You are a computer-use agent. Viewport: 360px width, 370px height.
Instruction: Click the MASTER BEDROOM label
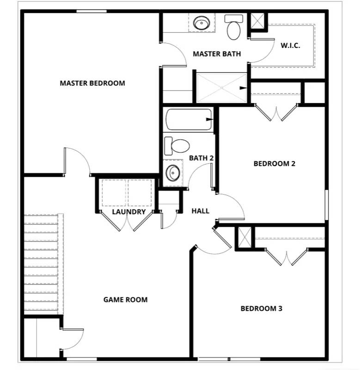click(92, 83)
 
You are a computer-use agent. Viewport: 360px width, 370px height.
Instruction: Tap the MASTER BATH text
click(217, 54)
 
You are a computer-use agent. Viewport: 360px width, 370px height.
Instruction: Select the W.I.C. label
click(290, 45)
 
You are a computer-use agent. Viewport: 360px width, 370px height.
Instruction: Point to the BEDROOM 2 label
click(275, 163)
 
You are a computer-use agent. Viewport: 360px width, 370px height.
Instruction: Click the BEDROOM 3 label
click(261, 308)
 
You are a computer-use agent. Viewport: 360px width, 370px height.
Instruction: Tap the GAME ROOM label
click(125, 300)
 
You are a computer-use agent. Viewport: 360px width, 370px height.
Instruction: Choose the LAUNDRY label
click(129, 212)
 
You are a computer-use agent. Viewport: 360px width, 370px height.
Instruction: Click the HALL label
click(200, 211)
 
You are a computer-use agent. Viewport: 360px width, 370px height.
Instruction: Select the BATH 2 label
click(201, 158)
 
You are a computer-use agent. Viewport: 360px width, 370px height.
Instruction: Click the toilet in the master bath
click(234, 28)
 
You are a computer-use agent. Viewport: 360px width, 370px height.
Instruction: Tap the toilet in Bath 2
click(178, 146)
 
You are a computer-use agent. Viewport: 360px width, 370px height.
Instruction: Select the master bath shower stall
click(221, 87)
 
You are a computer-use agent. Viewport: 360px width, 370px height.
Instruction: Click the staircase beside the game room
click(42, 262)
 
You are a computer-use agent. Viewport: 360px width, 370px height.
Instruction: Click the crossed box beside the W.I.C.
click(257, 20)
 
